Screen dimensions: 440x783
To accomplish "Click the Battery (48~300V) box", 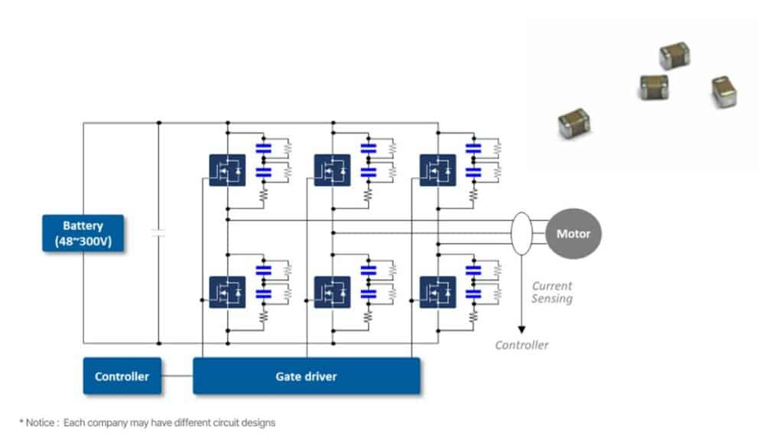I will (x=83, y=233).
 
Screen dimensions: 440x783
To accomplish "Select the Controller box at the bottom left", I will (x=122, y=376).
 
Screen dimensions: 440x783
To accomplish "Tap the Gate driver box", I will (x=306, y=376).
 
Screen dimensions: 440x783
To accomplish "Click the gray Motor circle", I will (x=573, y=233).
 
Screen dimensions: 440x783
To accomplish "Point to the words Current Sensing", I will (x=552, y=293).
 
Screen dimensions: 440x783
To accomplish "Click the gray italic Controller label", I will (x=521, y=345).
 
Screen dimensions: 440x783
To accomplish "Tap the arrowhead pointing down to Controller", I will (x=522, y=329).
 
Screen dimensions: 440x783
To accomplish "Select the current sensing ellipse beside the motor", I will (x=522, y=233).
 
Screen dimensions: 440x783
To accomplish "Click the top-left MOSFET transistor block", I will (x=227, y=170).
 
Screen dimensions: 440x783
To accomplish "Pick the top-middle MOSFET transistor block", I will (x=333, y=170).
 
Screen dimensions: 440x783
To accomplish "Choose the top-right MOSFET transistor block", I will (x=437, y=170).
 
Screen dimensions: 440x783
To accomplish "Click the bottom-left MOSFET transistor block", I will (x=227, y=292).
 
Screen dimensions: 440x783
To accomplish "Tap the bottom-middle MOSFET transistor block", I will (x=333, y=292).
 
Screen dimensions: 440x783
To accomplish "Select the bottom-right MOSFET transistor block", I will (x=437, y=292).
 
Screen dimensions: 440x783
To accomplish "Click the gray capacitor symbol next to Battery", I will (x=158, y=233).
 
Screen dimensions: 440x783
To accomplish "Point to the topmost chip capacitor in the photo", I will (x=675, y=56).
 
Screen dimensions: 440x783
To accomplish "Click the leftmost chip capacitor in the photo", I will (x=573, y=122).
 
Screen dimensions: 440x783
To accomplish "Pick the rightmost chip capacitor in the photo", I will (x=723, y=91).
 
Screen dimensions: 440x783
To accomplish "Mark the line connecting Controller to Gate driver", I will (x=177, y=376).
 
